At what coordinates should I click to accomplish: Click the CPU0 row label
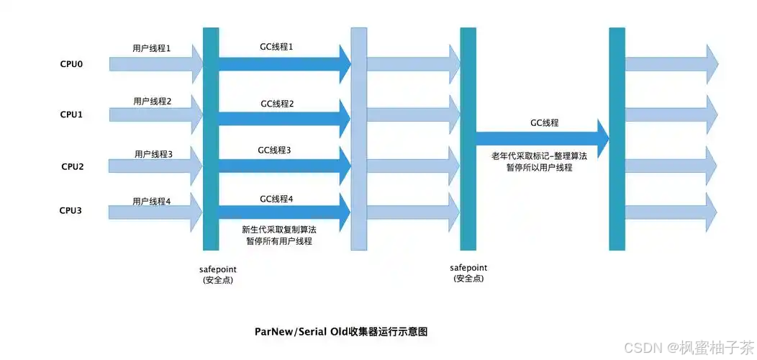[71, 63]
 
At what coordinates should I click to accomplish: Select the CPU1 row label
[71, 114]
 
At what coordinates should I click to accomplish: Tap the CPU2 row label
[72, 166]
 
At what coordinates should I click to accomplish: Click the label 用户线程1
[152, 49]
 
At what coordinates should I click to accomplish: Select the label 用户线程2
[152, 102]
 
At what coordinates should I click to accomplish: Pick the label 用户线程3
[153, 154]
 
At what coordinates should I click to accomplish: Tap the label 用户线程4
[152, 201]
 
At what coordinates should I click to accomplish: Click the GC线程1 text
[276, 46]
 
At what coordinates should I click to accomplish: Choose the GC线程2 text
[277, 104]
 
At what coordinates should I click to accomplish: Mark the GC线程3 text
[274, 150]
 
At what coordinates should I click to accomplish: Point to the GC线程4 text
[276, 198]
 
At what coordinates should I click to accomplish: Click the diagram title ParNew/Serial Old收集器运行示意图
[341, 332]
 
